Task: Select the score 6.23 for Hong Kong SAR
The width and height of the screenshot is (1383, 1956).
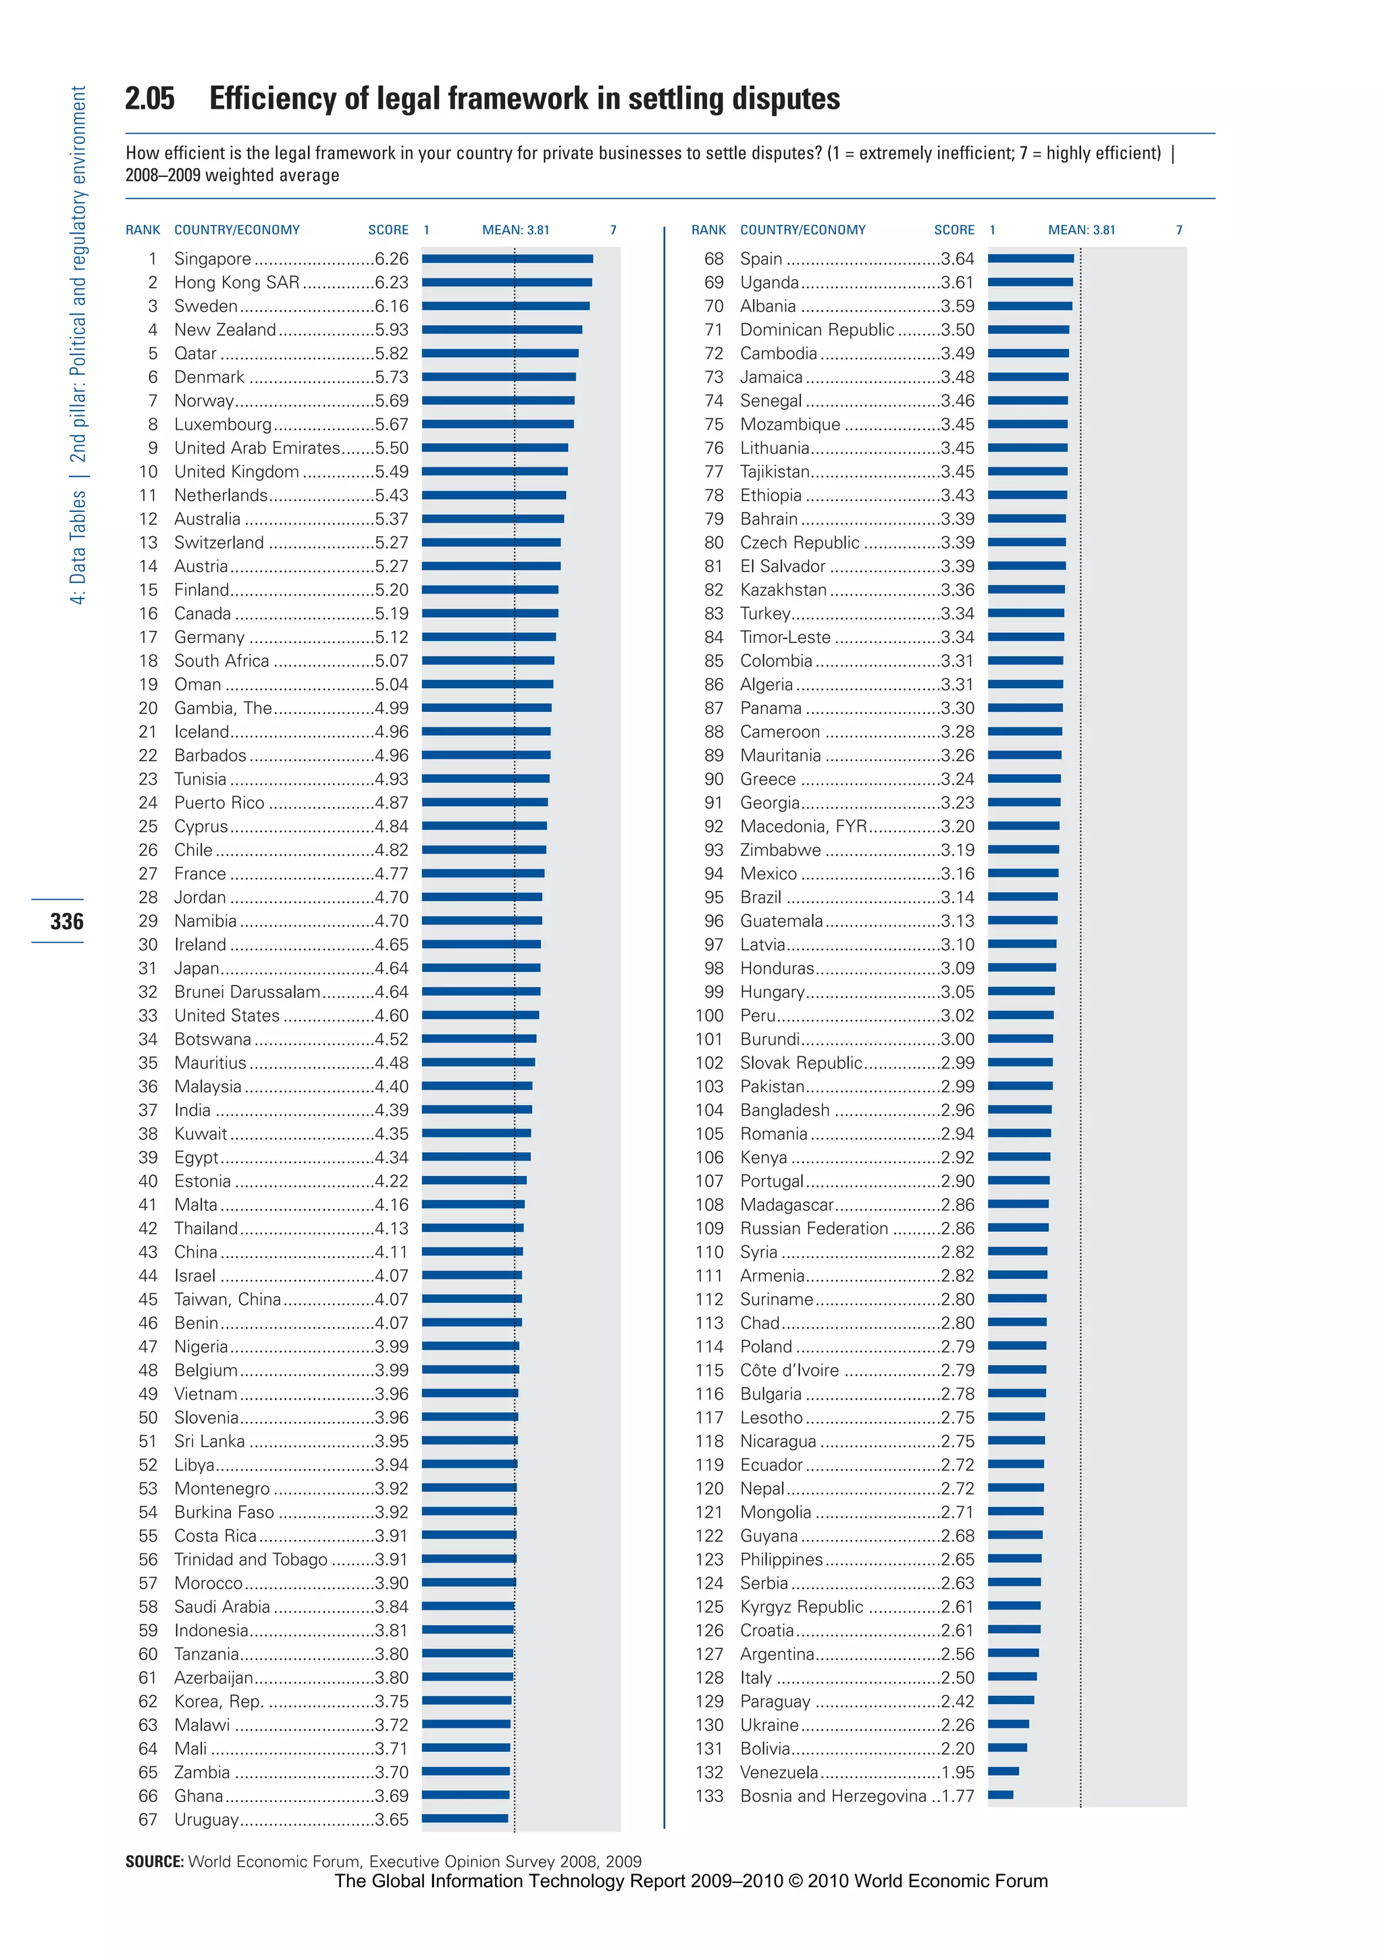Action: click(391, 282)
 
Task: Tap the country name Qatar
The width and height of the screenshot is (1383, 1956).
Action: click(195, 353)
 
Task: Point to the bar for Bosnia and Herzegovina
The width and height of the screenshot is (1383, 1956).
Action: click(1001, 1796)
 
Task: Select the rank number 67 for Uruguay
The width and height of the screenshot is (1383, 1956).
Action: click(147, 1820)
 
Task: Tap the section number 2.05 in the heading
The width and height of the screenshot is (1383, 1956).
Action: click(150, 99)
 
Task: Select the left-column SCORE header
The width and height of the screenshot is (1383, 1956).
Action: click(388, 230)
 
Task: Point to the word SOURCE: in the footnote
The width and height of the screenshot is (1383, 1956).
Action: click(154, 1861)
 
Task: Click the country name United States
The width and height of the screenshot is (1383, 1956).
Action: click(226, 1015)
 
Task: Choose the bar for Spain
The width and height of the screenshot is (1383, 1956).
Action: click(1030, 258)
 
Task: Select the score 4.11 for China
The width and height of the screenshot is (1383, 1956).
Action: click(391, 1252)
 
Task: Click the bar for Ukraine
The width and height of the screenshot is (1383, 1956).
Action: click(1008, 1724)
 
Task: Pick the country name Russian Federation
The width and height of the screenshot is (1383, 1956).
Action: click(813, 1229)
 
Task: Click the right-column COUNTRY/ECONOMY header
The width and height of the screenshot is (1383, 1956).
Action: click(802, 230)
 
